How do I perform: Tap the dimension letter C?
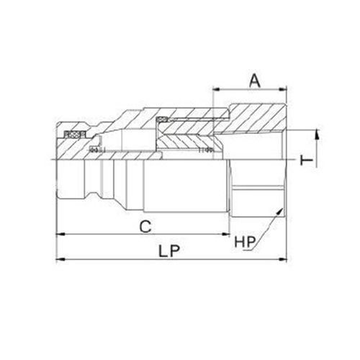[145, 225]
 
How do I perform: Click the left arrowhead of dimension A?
[215, 90]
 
